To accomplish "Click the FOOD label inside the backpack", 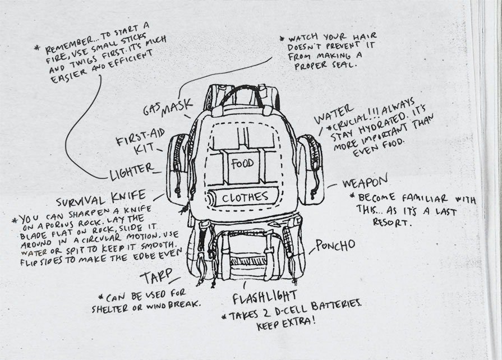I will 242,164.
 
